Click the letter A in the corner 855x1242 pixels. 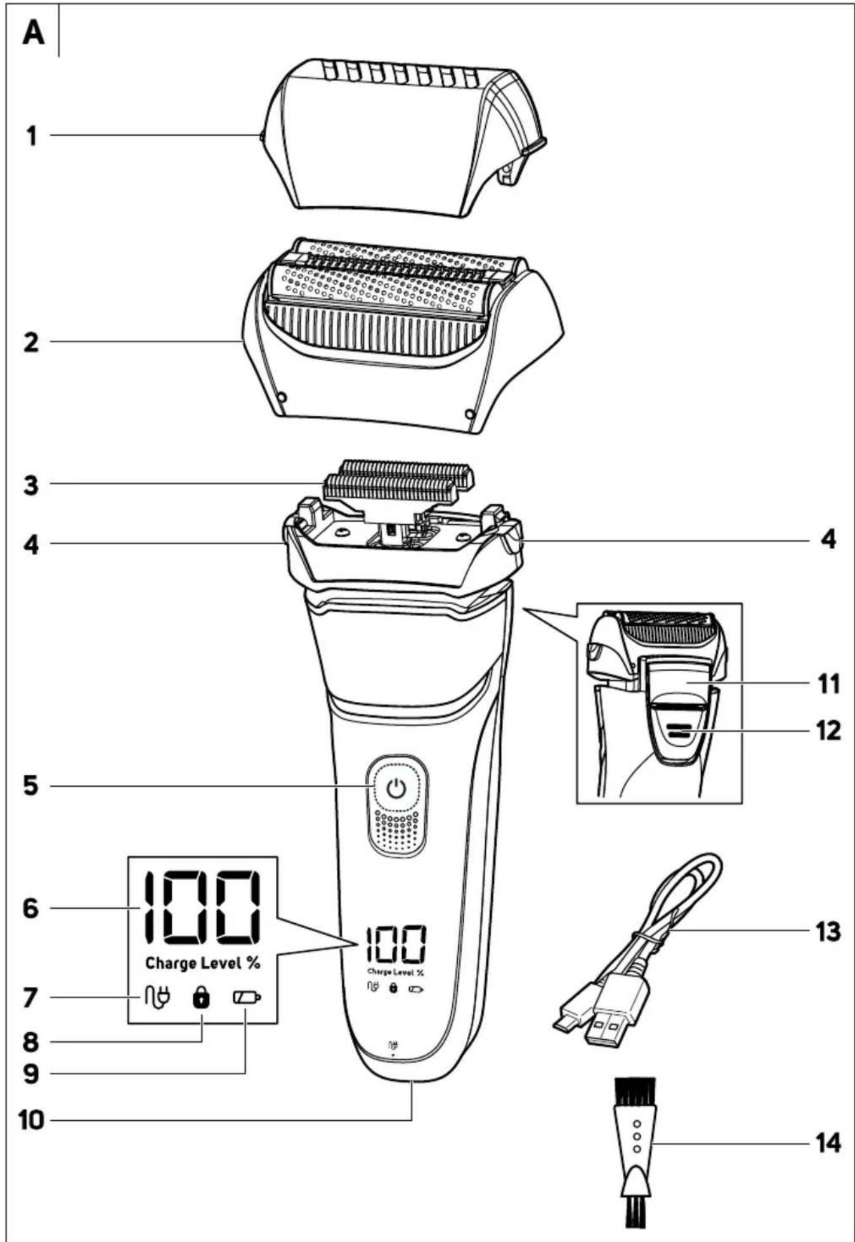(34, 33)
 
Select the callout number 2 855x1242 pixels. (31, 343)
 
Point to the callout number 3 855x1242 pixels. (31, 486)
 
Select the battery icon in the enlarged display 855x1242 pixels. (247, 999)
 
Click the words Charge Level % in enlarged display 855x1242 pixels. (203, 964)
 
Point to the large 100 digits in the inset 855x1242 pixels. (201, 908)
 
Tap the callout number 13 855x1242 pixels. (827, 932)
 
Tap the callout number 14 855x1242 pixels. (827, 1144)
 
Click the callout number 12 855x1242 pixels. (827, 731)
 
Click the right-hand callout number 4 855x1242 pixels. (827, 540)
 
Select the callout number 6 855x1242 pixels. (31, 909)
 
